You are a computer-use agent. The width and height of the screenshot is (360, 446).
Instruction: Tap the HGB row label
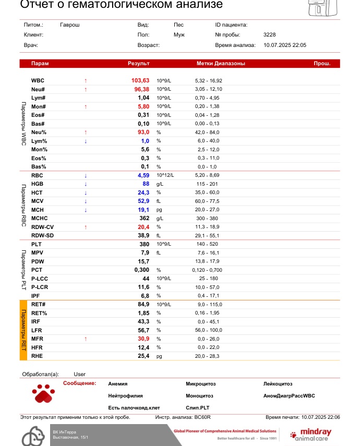pyautogui.click(x=37, y=184)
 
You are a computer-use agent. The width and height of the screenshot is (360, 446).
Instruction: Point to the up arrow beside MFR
pyautogui.click(x=86, y=339)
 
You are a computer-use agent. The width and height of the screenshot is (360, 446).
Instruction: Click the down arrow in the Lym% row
pyautogui.click(x=86, y=141)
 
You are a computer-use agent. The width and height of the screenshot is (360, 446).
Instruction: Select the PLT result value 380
pyautogui.click(x=145, y=244)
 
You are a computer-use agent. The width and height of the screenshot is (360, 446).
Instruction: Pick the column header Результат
pyautogui.click(x=139, y=64)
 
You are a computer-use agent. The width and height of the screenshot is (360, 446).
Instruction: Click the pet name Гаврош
pyautogui.click(x=70, y=25)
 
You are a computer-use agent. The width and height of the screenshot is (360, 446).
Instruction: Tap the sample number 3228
pyautogui.click(x=270, y=34)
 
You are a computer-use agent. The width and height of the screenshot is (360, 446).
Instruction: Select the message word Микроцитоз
pyautogui.click(x=200, y=384)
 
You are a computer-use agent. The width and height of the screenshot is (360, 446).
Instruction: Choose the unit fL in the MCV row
pyautogui.click(x=159, y=201)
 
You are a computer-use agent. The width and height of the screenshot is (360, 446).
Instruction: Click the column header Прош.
pyautogui.click(x=321, y=64)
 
